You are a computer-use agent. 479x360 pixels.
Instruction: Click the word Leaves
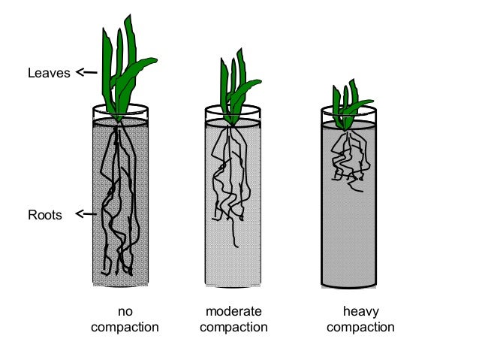(48, 74)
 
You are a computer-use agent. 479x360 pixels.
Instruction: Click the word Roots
(45, 216)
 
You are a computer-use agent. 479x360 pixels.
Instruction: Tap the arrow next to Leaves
(86, 73)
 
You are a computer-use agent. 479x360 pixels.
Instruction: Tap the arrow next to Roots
(86, 215)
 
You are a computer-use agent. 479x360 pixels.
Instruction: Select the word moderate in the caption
(233, 312)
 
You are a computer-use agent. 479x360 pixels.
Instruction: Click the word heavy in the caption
(360, 312)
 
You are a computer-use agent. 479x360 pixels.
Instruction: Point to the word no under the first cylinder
(125, 312)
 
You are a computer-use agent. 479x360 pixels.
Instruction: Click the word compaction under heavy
(360, 328)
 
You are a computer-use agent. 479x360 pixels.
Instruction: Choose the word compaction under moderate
(233, 328)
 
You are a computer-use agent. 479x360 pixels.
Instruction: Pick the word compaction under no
(125, 328)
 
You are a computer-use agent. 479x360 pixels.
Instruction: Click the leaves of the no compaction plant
(125, 68)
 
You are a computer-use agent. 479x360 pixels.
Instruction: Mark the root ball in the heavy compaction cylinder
(347, 158)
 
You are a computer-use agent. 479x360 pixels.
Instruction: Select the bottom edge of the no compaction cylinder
(120, 284)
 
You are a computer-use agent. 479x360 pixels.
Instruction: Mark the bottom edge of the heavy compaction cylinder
(350, 286)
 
